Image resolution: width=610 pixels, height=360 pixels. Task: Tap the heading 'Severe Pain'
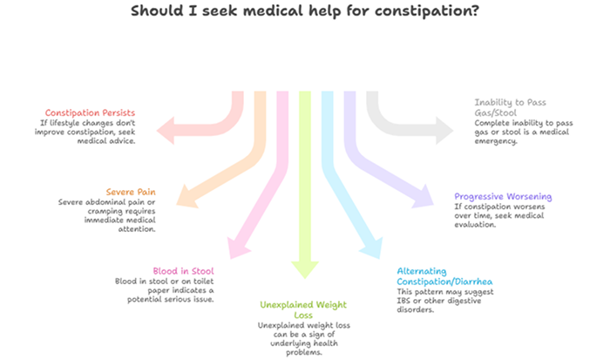pos(131,192)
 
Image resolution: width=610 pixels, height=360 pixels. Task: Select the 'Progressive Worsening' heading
pos(503,196)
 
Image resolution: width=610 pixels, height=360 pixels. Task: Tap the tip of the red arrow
pos(159,130)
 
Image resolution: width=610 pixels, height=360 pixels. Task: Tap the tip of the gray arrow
pos(452,131)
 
